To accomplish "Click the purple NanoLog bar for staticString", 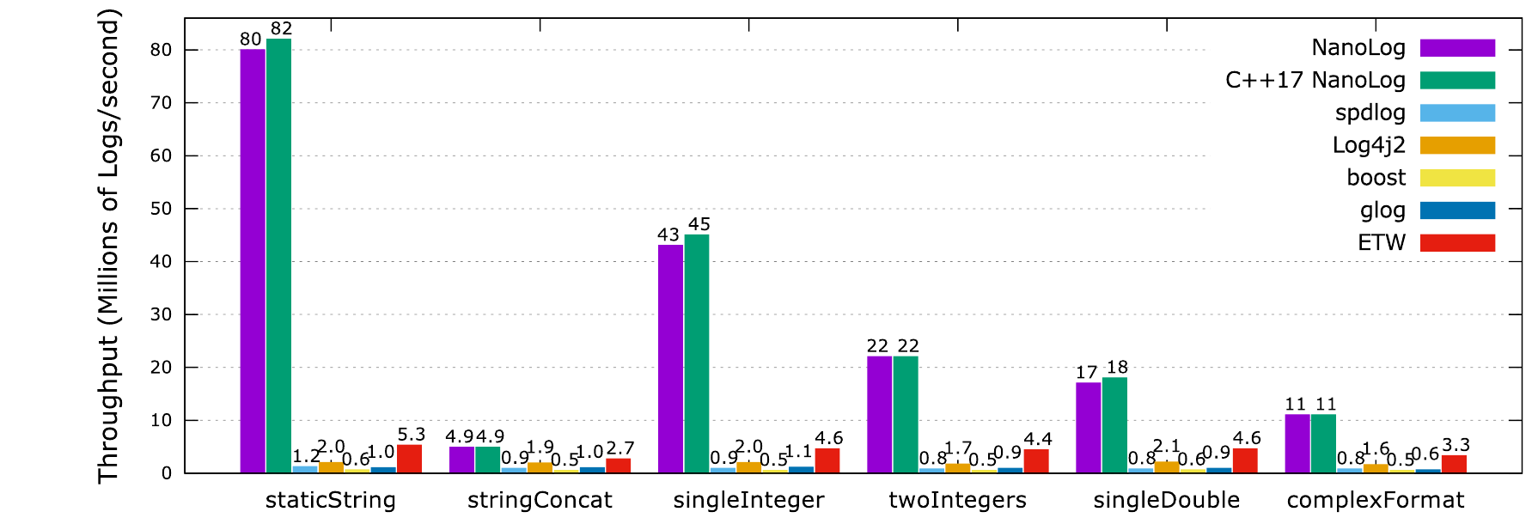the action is click(x=253, y=261).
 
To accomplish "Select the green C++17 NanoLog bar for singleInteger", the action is click(x=697, y=354).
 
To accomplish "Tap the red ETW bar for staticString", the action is click(x=410, y=459).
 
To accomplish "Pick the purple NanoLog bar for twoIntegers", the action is click(x=880, y=415).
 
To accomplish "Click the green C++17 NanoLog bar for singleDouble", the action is click(x=1114, y=425).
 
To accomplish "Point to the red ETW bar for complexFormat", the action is click(x=1454, y=464).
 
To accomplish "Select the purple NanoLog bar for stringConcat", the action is click(x=461, y=460).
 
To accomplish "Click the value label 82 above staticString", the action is click(x=282, y=28).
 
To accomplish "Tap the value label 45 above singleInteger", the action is click(x=699, y=224).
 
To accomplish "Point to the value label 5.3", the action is click(x=412, y=435).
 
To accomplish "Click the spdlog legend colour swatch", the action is click(x=1457, y=113).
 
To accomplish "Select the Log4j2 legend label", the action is click(x=1369, y=145).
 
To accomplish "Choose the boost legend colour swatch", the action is click(x=1457, y=178).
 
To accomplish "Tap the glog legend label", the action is click(x=1382, y=210).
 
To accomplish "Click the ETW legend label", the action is click(x=1382, y=243).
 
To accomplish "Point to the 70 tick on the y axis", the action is click(x=162, y=102).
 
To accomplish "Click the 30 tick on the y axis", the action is click(x=162, y=314).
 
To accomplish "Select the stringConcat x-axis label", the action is click(x=540, y=500).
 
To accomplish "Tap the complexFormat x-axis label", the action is click(x=1376, y=500).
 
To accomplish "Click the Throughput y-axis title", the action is click(x=107, y=247).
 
